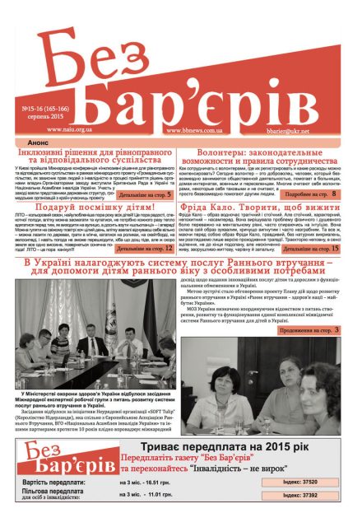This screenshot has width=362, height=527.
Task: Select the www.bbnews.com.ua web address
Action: pyautogui.click(x=197, y=129)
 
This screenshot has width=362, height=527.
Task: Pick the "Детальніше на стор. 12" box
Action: pyautogui.click(x=145, y=246)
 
